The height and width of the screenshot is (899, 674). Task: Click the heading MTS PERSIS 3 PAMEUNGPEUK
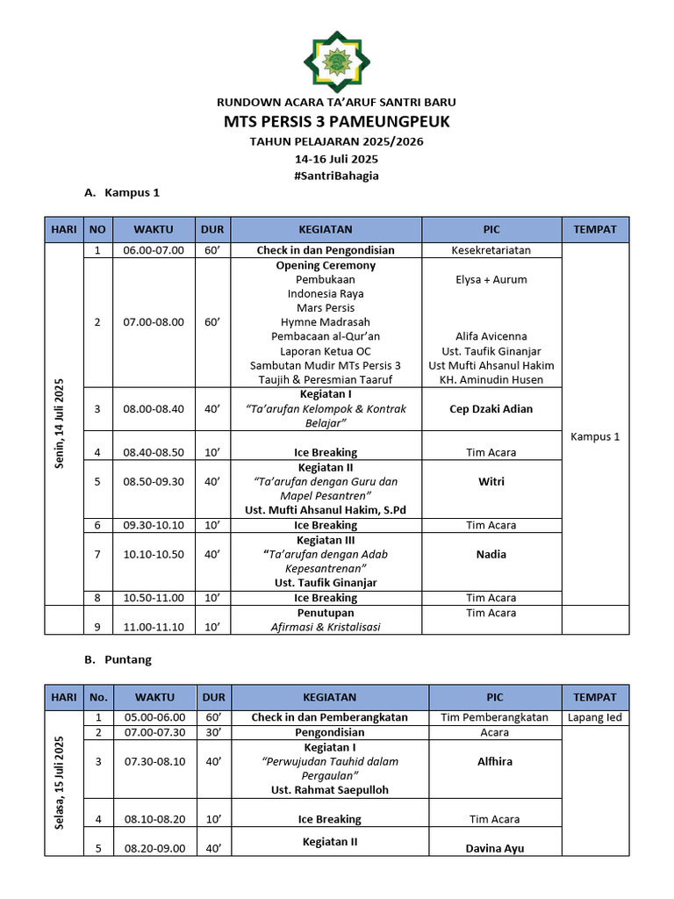pos(337,121)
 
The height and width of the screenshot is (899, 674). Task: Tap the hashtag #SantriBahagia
pos(337,176)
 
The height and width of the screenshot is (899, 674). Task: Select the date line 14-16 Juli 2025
pos(337,159)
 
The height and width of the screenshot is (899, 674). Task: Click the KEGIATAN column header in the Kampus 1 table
pos(326,230)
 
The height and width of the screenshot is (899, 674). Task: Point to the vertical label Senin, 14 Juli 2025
pos(61,423)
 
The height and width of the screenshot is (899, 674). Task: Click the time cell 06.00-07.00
pos(154,250)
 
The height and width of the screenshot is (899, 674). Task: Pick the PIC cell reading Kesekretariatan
pos(491,250)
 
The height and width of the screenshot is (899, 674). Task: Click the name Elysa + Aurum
pos(491,279)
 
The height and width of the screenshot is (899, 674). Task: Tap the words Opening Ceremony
pos(326,265)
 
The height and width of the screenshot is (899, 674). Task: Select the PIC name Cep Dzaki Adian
pos(491,409)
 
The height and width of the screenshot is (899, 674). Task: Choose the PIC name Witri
pos(491,482)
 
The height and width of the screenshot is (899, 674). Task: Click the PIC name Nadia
pos(491,554)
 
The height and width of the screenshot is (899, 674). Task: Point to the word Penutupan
pos(326,613)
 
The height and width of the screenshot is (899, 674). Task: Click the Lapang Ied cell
pos(595,717)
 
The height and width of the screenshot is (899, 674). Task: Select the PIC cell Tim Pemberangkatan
pos(495,717)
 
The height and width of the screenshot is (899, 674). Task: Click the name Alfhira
pos(495,761)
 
